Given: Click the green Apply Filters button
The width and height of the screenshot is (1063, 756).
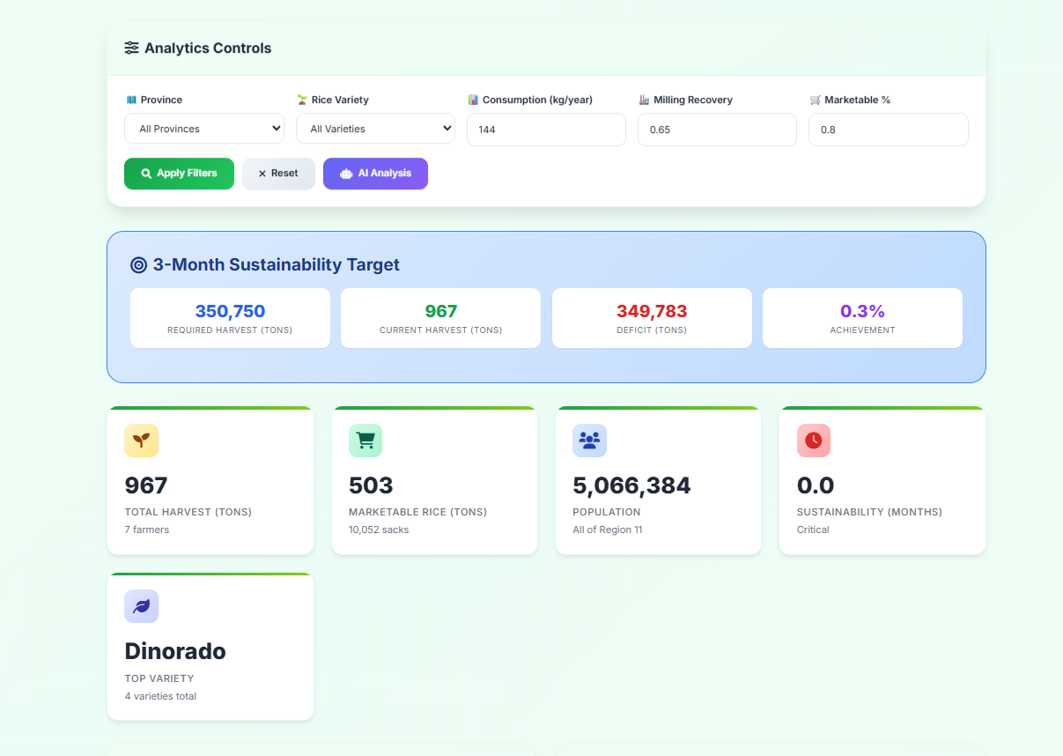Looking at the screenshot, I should [x=179, y=174].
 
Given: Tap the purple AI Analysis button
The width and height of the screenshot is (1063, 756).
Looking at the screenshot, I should [x=375, y=174].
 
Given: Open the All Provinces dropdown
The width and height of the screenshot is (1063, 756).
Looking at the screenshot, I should [x=204, y=129].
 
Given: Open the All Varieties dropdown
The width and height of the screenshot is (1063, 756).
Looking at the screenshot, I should [x=375, y=129].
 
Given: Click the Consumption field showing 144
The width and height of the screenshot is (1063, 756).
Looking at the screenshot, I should [x=546, y=130].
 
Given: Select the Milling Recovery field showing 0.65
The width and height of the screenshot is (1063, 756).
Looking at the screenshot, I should [x=717, y=130].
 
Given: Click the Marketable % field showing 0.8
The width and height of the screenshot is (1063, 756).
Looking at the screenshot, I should [x=888, y=130].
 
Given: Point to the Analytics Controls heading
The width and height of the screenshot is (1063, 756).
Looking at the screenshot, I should [x=207, y=48].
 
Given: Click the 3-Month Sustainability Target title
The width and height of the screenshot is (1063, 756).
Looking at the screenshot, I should [x=276, y=264].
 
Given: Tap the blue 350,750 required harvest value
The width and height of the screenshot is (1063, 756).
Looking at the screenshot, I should [x=230, y=311].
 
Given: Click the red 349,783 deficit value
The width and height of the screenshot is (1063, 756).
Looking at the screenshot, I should [x=652, y=311].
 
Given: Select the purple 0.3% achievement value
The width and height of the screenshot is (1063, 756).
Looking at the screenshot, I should [x=862, y=311].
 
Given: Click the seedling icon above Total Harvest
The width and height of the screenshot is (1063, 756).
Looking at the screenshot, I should [x=141, y=441].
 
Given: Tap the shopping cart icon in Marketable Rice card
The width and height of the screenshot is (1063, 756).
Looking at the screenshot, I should [x=365, y=441].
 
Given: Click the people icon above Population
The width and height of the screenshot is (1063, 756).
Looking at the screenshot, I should [x=589, y=441].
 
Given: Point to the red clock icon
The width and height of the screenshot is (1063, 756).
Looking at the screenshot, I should [x=813, y=441].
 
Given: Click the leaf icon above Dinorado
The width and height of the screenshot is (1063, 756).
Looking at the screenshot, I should [x=141, y=606].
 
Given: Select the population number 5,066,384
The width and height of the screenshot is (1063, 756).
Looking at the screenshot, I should [x=631, y=485].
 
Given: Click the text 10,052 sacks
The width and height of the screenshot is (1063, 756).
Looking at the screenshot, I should [x=379, y=530].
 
